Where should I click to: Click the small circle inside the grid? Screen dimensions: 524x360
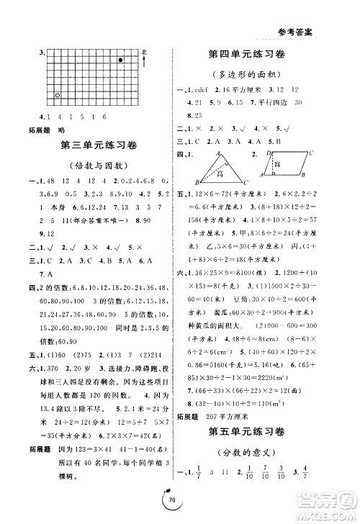coord(58,94)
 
